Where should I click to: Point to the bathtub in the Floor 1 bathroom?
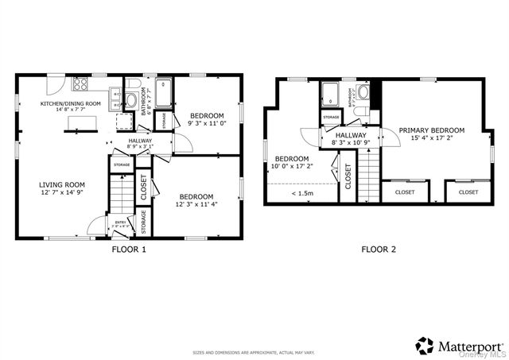[x=164, y=93]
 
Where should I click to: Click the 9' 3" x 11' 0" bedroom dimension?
[x=208, y=123]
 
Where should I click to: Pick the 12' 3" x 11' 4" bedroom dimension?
[x=196, y=204]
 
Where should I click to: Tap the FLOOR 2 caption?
[x=379, y=249]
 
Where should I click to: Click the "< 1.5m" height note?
[x=303, y=193]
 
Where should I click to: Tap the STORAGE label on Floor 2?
[x=332, y=118]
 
